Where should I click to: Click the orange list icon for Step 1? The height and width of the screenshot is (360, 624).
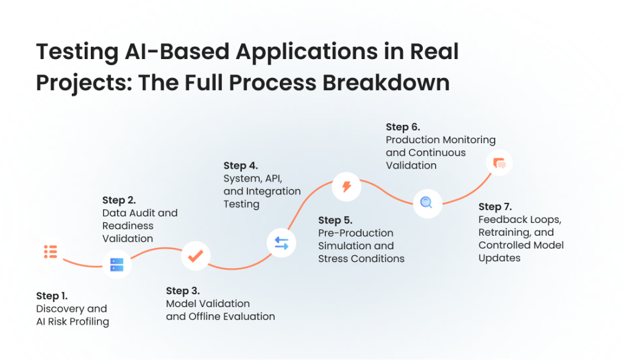point(50,251)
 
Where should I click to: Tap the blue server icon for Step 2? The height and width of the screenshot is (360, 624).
point(116,264)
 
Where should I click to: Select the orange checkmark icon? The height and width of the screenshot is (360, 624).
point(196,256)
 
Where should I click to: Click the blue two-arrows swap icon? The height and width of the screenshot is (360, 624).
point(282,243)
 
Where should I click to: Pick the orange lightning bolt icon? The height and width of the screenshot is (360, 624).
point(347,186)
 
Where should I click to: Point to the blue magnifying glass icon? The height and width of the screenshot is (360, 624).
point(427,203)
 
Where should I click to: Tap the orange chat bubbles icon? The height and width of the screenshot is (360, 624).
point(500,163)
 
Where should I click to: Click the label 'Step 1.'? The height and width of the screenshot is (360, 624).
point(52,296)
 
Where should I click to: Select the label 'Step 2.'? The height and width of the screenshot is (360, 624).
point(119,200)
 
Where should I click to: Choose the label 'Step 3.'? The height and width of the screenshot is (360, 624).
point(183,291)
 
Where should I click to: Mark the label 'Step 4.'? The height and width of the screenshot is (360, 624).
point(241,166)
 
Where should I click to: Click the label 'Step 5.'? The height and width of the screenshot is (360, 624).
point(335,220)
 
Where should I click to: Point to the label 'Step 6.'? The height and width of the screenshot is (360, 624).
point(403,127)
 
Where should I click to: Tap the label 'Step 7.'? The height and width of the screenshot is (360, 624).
point(496,206)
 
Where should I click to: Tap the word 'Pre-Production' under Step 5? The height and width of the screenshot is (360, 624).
point(356,233)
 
